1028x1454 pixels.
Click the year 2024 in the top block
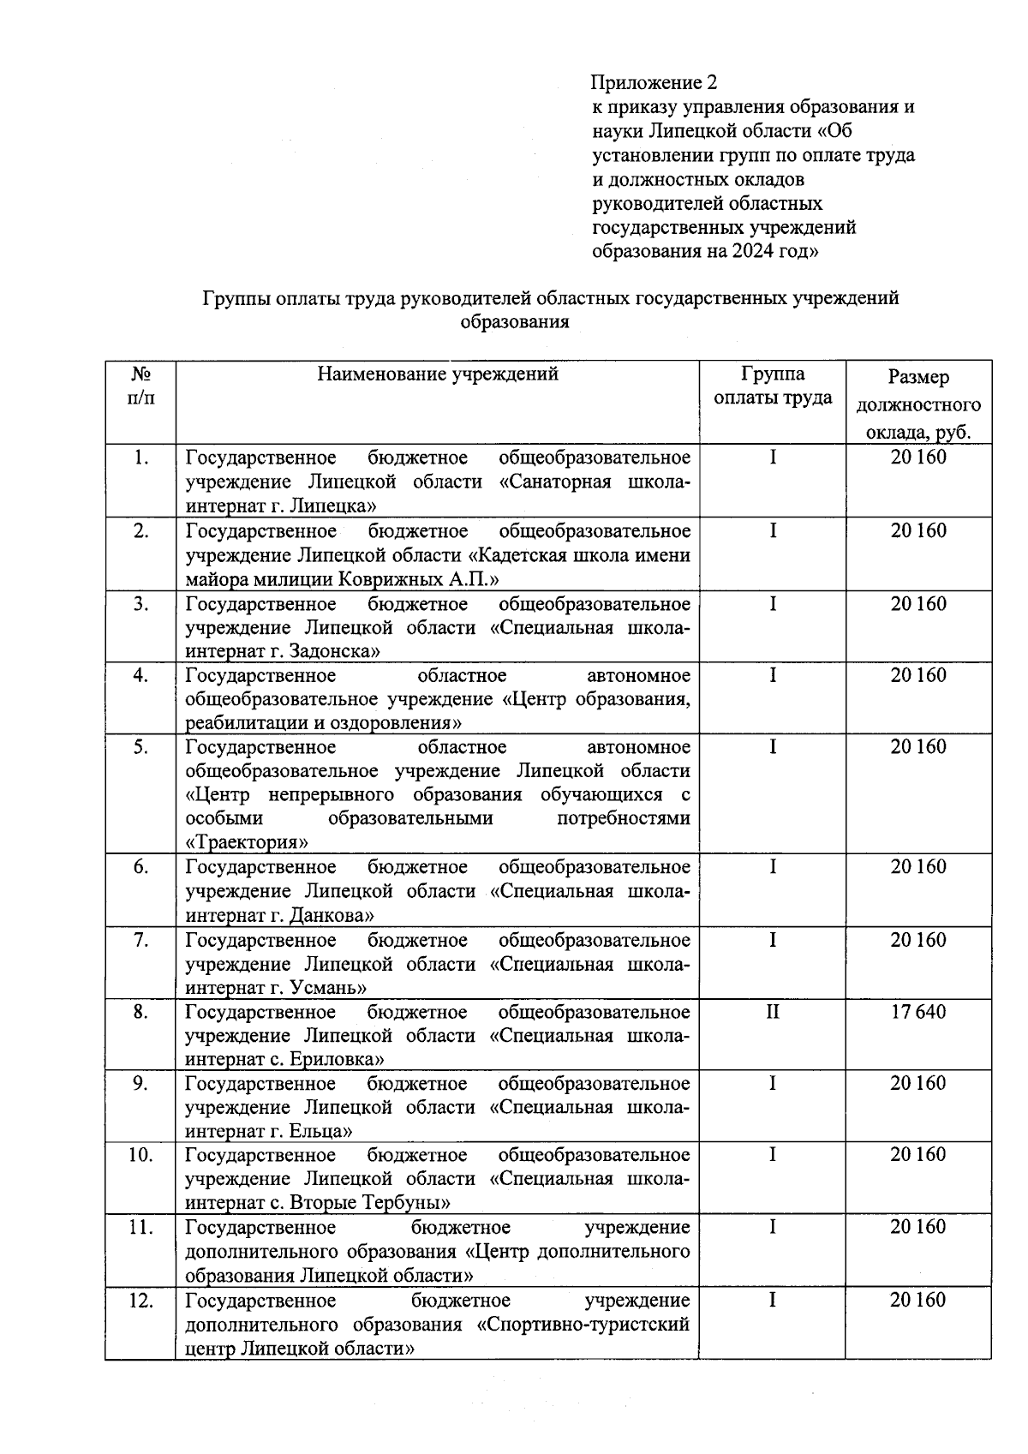(751, 252)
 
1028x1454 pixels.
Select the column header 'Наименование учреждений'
(437, 374)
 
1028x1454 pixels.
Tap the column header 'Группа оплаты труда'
(773, 386)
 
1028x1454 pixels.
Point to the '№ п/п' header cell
(140, 386)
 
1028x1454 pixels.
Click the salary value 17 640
(917, 1012)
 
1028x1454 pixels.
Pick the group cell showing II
(772, 1012)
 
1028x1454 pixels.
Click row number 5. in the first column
(140, 747)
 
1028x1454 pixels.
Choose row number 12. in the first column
(140, 1301)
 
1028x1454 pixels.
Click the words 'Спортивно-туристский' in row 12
(583, 1324)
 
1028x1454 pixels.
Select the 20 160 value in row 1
(917, 457)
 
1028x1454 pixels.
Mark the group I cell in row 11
(772, 1227)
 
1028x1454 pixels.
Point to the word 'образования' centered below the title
(515, 322)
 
